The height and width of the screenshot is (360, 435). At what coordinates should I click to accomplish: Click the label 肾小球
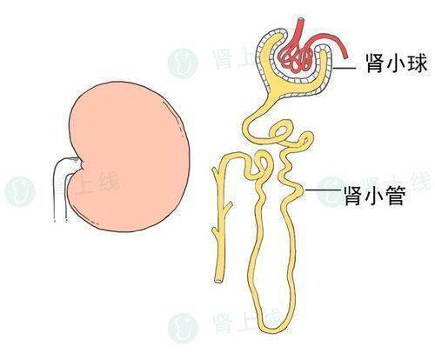396,63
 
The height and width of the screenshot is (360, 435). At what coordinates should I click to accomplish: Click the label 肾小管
375,196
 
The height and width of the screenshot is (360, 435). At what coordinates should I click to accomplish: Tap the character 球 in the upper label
418,63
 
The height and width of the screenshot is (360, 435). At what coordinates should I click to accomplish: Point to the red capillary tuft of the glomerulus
296,59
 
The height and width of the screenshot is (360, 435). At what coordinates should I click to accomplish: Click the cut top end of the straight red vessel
301,20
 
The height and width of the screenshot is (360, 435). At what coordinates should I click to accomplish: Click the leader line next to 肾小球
345,68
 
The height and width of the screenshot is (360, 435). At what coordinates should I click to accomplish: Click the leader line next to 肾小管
323,190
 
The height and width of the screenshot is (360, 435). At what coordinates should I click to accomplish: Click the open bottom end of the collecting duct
218,280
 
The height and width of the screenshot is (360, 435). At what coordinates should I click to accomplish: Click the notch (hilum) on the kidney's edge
82,165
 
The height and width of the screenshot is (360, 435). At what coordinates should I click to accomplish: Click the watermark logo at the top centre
183,63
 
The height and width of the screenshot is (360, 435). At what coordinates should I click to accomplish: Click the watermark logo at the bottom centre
183,328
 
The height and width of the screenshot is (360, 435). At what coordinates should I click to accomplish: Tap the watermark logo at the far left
20,191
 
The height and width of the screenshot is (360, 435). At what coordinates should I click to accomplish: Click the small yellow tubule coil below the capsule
279,132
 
